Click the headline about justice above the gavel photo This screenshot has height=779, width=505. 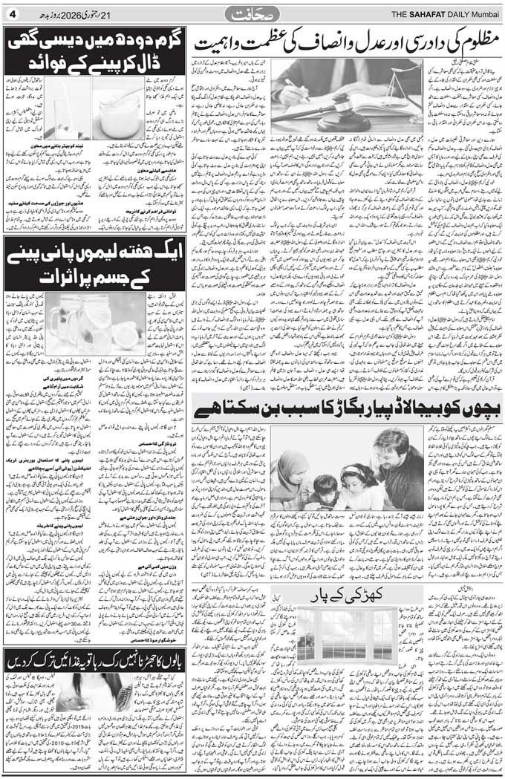[349, 41]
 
